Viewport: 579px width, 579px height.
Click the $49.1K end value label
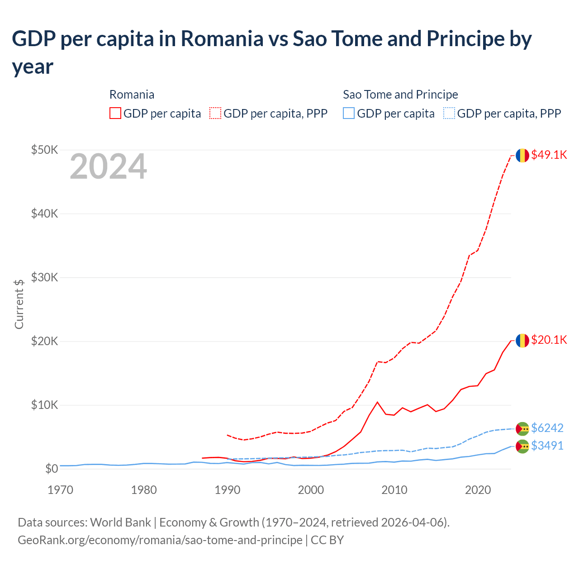[x=549, y=155]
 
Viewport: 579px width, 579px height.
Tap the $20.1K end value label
[x=549, y=340]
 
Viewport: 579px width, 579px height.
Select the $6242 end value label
[x=547, y=428]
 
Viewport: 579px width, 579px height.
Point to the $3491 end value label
[x=547, y=446]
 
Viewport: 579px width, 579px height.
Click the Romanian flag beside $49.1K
[x=522, y=155]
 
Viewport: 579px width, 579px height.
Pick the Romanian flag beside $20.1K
[x=522, y=340]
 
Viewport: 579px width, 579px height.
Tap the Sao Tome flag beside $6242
[x=522, y=428]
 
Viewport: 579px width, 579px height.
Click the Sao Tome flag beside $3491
[x=522, y=446]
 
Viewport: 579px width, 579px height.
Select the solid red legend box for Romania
[x=115, y=113]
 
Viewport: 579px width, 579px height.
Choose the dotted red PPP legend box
[x=215, y=113]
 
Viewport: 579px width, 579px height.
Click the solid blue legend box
[x=349, y=113]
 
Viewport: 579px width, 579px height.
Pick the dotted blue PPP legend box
[x=449, y=113]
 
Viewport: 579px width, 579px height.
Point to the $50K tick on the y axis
[x=44, y=150]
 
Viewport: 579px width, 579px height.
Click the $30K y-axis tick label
[x=44, y=277]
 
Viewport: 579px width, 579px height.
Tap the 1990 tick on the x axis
[x=227, y=490]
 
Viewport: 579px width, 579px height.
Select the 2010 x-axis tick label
[x=394, y=490]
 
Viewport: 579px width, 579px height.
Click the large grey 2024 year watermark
[x=108, y=166]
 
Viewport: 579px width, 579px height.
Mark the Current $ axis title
[x=19, y=304]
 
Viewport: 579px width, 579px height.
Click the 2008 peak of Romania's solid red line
[x=377, y=402]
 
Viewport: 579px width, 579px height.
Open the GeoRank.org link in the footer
[x=160, y=540]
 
